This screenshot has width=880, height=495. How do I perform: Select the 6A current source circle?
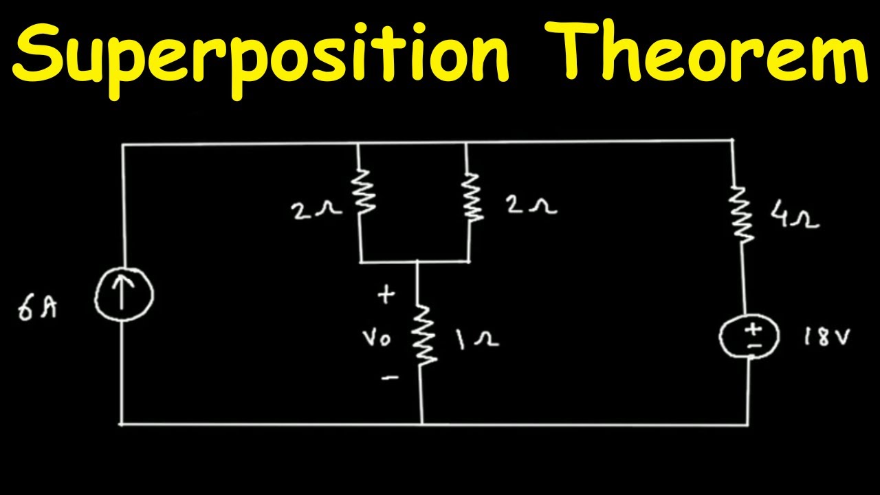[x=124, y=294]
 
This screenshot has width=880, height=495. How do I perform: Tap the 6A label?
[x=37, y=309]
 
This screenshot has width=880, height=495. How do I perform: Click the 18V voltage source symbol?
[x=749, y=336]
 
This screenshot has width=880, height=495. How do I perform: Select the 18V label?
[x=826, y=337]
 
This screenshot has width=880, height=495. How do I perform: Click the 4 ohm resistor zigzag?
[x=741, y=214]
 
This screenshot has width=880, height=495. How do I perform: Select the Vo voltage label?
[x=376, y=338]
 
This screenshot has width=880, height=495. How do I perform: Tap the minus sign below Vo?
[x=390, y=378]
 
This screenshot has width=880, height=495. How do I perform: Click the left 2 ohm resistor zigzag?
[x=363, y=192]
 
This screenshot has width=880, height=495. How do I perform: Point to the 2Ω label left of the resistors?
[x=316, y=210]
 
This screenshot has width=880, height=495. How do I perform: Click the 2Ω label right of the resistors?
[x=532, y=205]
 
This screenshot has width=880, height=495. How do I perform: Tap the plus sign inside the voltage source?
[x=753, y=329]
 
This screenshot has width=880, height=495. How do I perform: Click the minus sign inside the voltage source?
[x=754, y=346]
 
